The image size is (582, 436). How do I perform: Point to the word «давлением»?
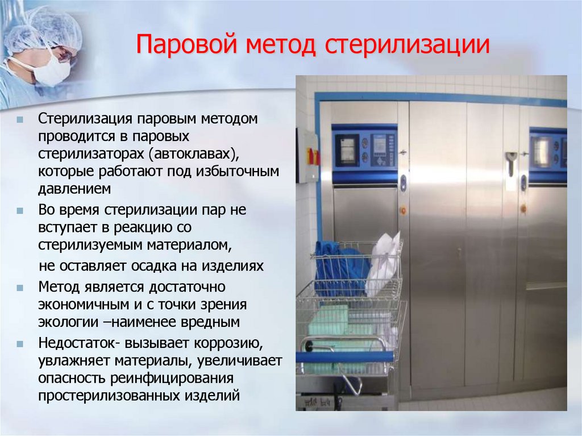pyautogui.click(x=74, y=188)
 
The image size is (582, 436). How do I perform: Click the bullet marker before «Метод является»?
pyautogui.click(x=20, y=286)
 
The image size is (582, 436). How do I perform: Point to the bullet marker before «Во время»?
pyautogui.click(x=20, y=210)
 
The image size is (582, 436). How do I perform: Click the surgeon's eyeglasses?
pyautogui.click(x=64, y=55)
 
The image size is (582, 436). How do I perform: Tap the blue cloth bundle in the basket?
pyautogui.click(x=340, y=267)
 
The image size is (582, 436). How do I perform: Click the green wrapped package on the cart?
pyautogui.click(x=329, y=319)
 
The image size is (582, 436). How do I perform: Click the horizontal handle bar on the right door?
pyautogui.click(x=546, y=286)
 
